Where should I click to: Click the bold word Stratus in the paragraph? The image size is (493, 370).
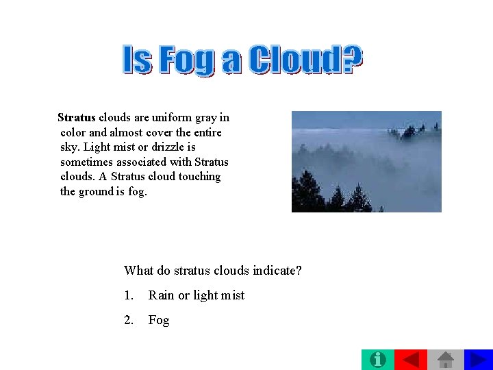tap(77, 117)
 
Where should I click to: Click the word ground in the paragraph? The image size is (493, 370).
tap(95, 191)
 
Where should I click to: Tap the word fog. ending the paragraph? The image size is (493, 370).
tap(137, 191)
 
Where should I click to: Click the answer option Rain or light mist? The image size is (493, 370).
tap(197, 295)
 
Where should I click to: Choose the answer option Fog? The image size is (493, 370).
tap(159, 320)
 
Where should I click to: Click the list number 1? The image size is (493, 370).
tap(129, 295)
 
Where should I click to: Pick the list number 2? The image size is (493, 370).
tap(129, 320)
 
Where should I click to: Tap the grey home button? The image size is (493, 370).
tap(446, 359)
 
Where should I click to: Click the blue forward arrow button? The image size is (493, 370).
tap(479, 359)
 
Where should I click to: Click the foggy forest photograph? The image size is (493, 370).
tap(366, 161)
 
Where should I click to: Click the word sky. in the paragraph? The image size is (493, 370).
tap(71, 147)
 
